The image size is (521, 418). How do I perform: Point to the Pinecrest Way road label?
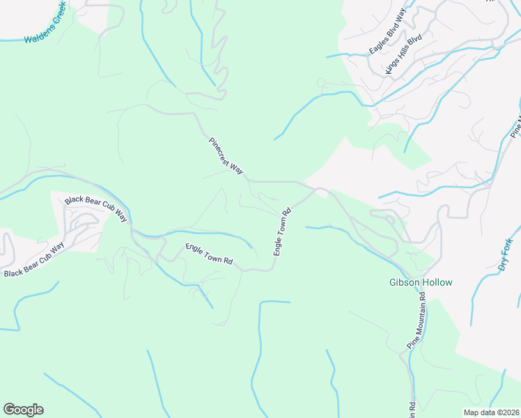[x=226, y=155]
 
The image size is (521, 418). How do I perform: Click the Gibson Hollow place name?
[x=420, y=283]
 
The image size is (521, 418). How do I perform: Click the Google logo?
[x=23, y=410]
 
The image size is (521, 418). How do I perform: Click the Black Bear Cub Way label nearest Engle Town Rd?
[x=97, y=208]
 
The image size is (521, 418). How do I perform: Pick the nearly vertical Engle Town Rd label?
[x=281, y=231]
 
